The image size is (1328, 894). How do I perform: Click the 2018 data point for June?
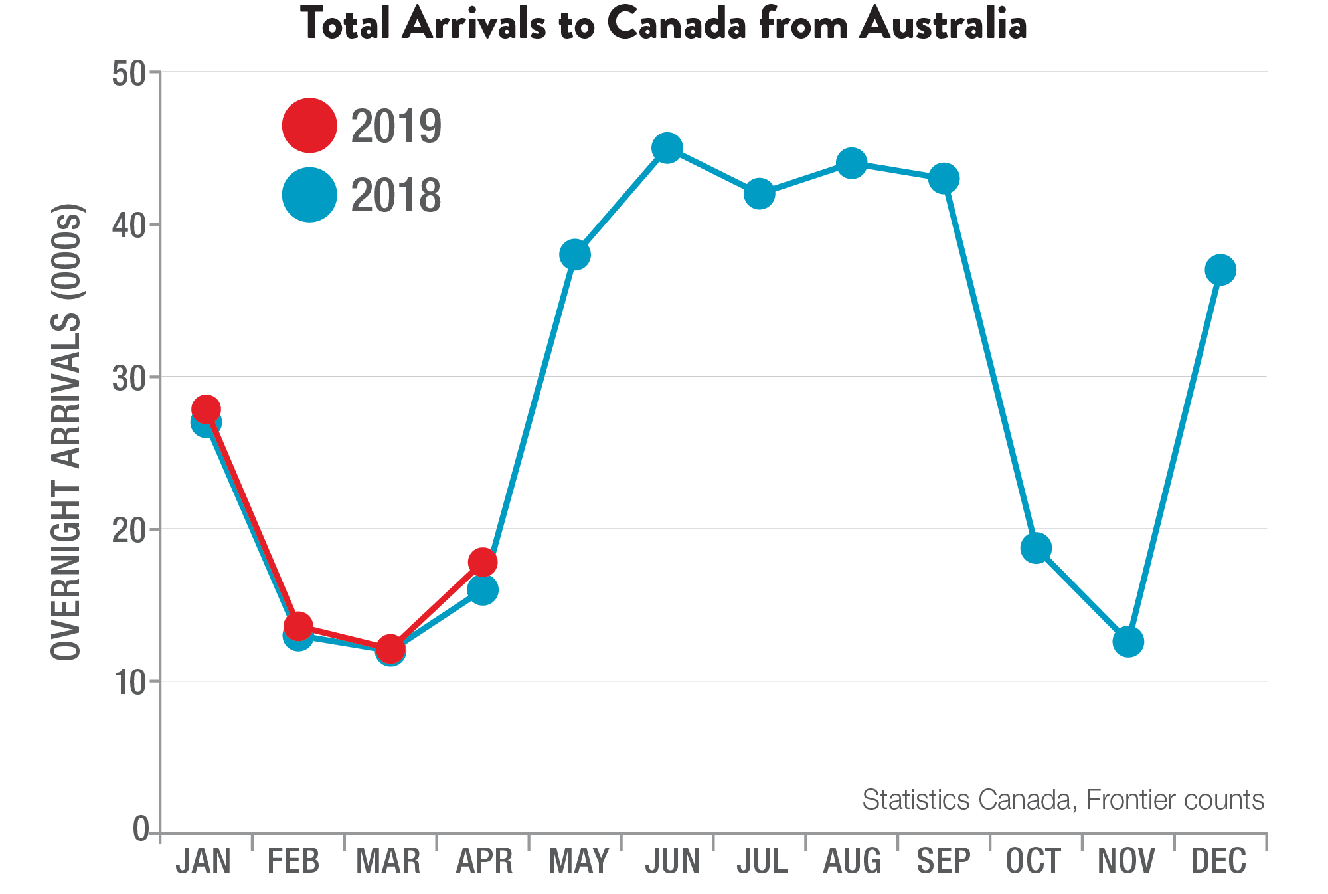pos(667,147)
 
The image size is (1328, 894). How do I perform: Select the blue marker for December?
pos(1220,270)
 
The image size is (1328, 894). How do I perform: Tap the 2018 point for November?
pos(1127,641)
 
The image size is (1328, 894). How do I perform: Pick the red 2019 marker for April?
pos(483,563)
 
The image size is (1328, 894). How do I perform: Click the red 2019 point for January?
pos(206,409)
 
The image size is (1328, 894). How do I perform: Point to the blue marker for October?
pos(1036,548)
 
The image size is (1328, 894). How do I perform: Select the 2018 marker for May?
pos(575,254)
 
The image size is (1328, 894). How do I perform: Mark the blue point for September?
pos(944,178)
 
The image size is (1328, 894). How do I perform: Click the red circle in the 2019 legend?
pos(309,126)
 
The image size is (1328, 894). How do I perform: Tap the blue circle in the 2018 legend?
pos(309,195)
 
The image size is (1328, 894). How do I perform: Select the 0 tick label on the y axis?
pos(140,829)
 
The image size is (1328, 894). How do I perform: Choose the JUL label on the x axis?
pos(762,861)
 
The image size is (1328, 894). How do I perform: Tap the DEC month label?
pos(1218,861)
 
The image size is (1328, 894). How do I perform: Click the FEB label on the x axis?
pos(293,861)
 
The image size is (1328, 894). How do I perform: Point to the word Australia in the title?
pos(943,25)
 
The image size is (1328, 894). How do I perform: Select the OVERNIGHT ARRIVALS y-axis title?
pos(66,432)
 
